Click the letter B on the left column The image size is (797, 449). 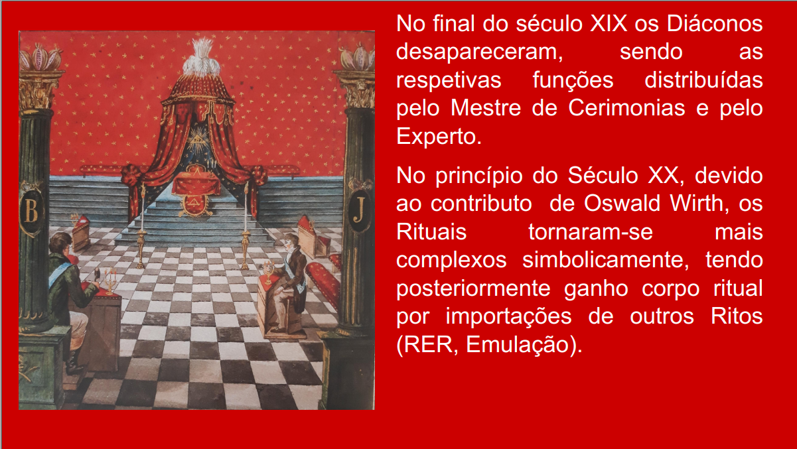click(x=31, y=210)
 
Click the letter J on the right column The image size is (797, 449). click(x=360, y=209)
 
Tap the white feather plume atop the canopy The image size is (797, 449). click(x=201, y=58)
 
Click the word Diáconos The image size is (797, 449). click(x=715, y=24)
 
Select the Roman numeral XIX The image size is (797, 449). click(x=609, y=24)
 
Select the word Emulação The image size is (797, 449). click(x=518, y=345)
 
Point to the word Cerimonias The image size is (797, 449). click(x=626, y=108)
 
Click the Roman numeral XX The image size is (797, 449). click(x=663, y=176)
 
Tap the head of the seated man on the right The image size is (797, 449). click(x=291, y=242)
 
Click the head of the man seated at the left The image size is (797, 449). click(x=60, y=243)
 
